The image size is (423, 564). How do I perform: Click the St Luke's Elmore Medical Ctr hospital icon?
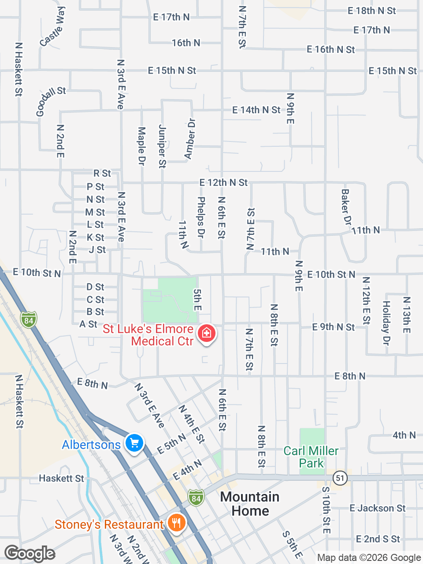[x=207, y=333]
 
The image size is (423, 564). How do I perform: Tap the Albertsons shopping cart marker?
[x=134, y=443]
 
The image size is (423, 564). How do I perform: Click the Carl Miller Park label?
[x=311, y=457]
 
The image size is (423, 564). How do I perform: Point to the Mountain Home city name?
[x=250, y=504]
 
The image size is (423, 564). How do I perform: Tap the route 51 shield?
[x=340, y=478]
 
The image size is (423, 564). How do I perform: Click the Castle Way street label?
[x=53, y=26]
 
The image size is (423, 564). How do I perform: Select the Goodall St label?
[x=51, y=101]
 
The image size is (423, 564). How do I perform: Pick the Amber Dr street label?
[x=190, y=138]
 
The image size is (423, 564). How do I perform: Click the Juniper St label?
[x=162, y=146]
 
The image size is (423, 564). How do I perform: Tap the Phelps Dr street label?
[x=201, y=217]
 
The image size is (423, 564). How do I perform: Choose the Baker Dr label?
[x=346, y=207]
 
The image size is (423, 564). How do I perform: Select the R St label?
[x=102, y=174]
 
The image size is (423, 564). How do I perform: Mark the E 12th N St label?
[x=223, y=182]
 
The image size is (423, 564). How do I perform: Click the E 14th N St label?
[x=256, y=110]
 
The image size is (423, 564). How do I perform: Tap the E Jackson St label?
[x=377, y=508]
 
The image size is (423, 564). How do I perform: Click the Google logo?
[x=30, y=553]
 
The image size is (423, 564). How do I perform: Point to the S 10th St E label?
[x=326, y=510]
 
